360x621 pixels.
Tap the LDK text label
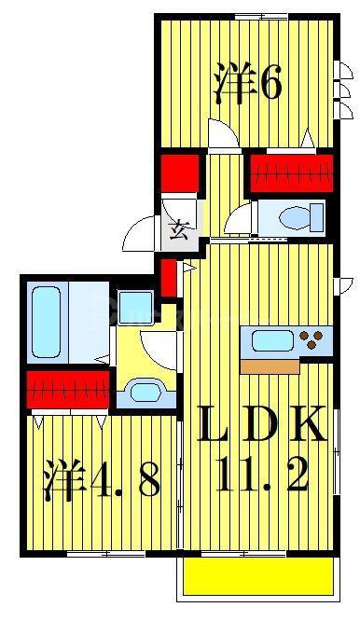[x=262, y=425]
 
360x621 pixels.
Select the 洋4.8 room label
[x=103, y=479]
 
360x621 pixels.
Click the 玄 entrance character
[x=179, y=229]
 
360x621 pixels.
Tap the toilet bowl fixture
[x=301, y=218]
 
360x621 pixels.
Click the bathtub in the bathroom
[x=47, y=321]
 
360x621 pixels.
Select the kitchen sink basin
[x=272, y=340]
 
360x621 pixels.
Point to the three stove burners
[x=312, y=339]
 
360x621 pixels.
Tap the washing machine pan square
[x=135, y=308]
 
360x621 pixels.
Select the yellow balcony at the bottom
[x=257, y=576]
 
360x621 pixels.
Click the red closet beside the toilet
[x=292, y=173]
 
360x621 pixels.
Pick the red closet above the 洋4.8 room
[x=68, y=389]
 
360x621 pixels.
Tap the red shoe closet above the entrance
[x=180, y=173]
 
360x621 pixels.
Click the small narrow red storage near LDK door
[x=168, y=278]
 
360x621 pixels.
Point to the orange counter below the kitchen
[x=270, y=366]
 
